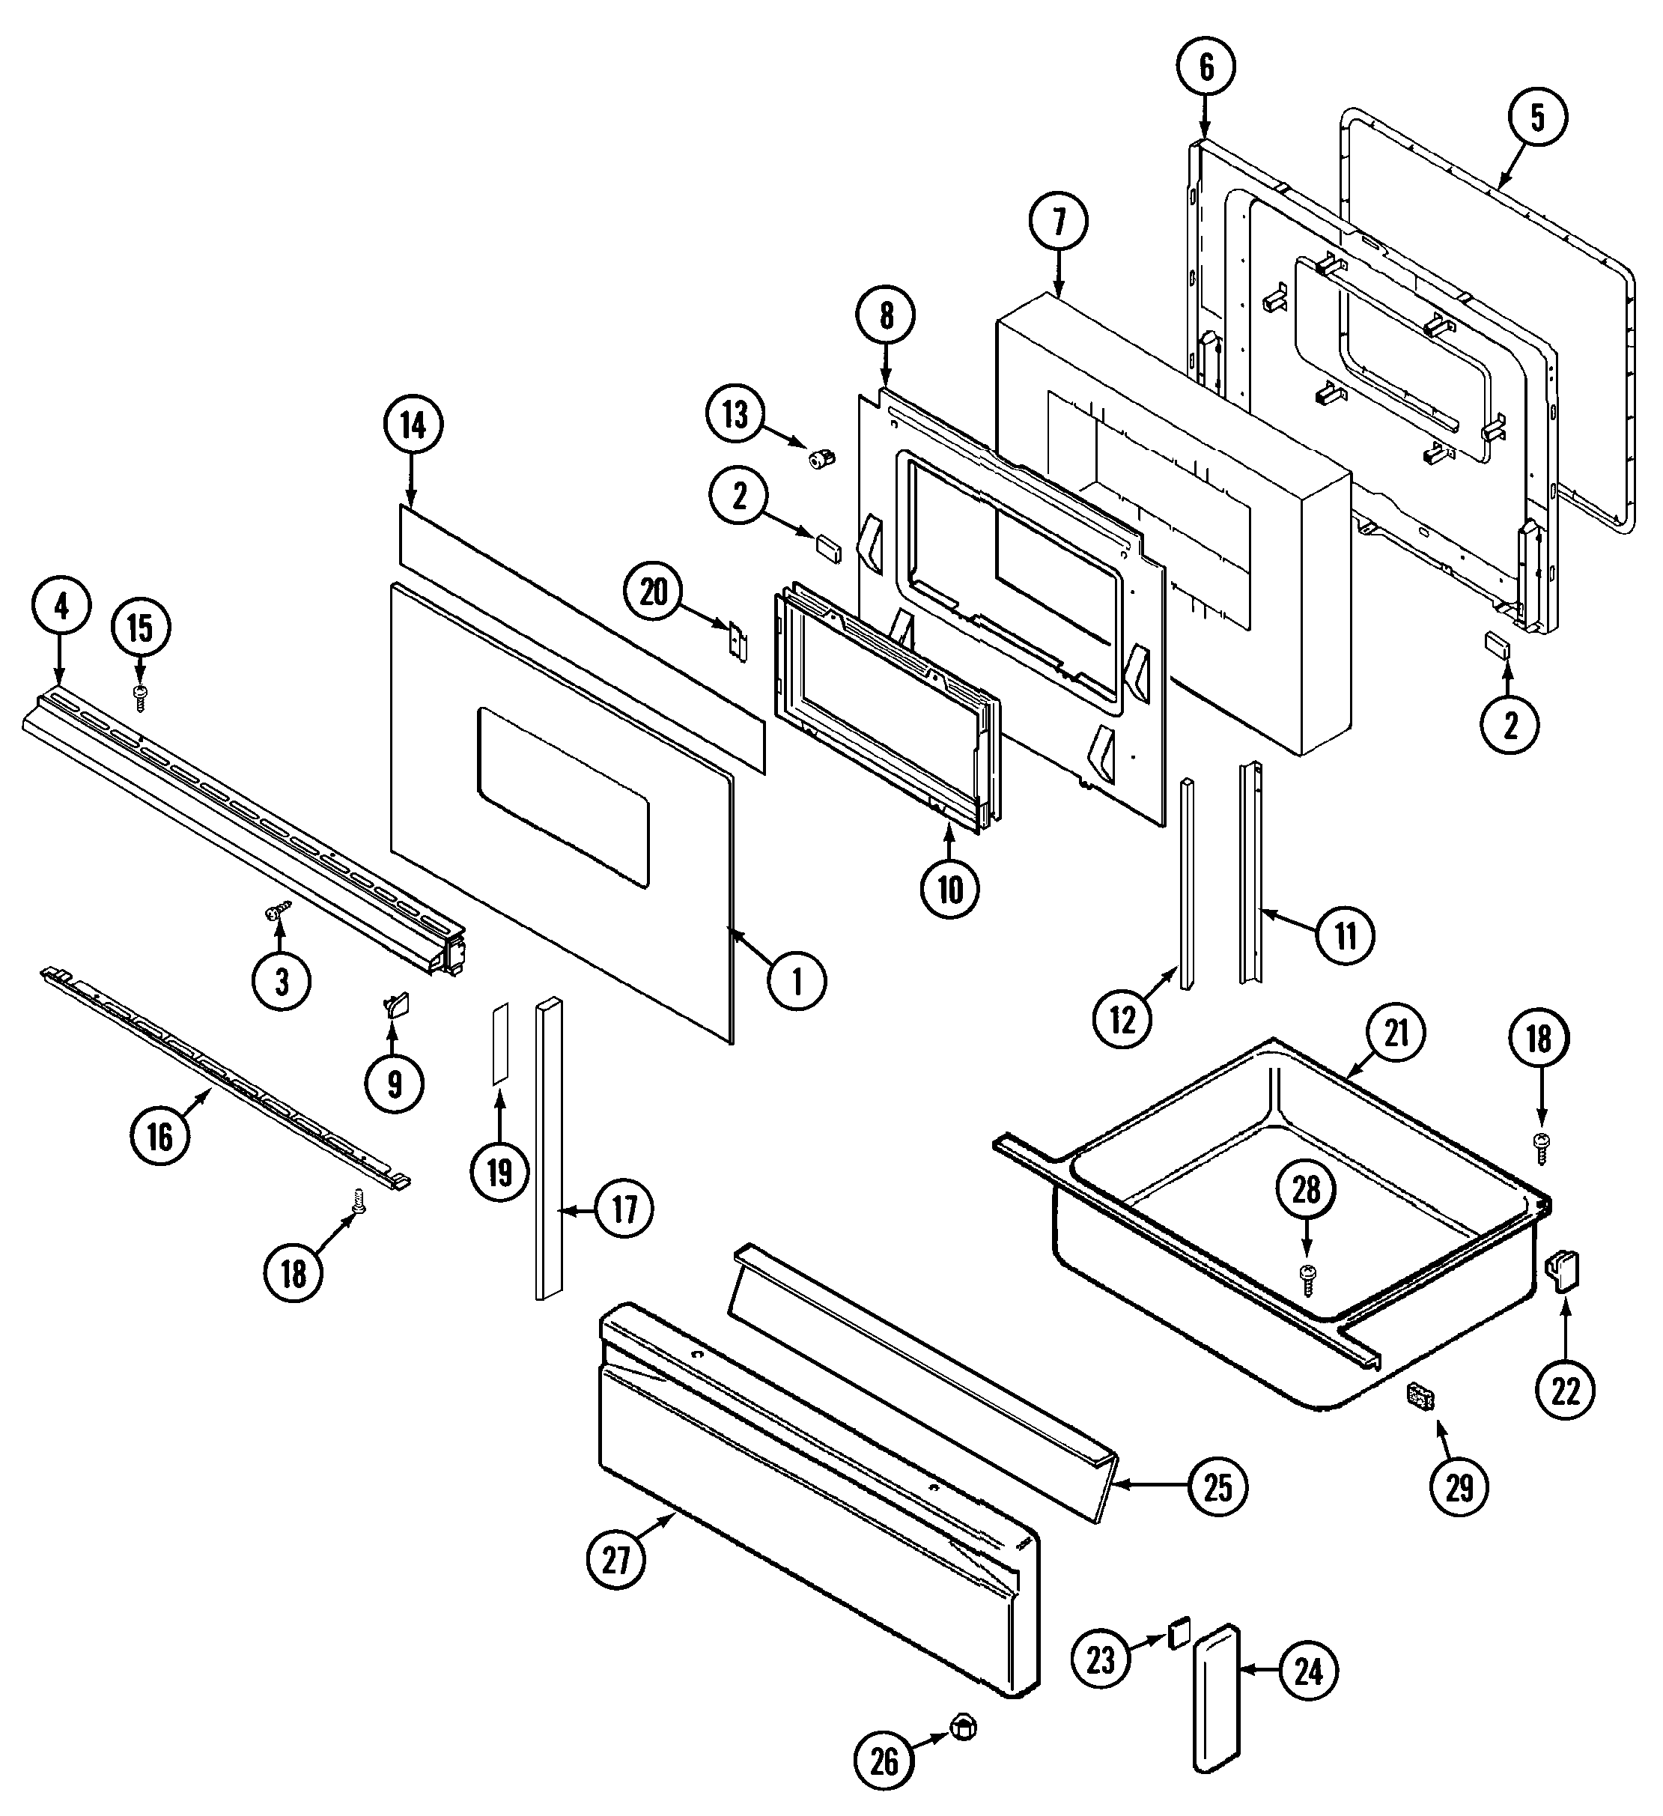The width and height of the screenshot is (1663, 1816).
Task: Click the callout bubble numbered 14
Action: point(413,425)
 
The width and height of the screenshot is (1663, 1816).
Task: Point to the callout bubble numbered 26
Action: point(884,1760)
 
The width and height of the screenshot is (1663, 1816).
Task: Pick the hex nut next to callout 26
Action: point(964,1728)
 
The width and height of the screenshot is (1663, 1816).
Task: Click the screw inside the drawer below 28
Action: point(1305,1274)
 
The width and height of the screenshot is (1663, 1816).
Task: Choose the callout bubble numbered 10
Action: point(949,889)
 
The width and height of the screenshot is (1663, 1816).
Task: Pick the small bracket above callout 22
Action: point(1564,1271)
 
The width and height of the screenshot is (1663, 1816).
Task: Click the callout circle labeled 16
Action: point(159,1136)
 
